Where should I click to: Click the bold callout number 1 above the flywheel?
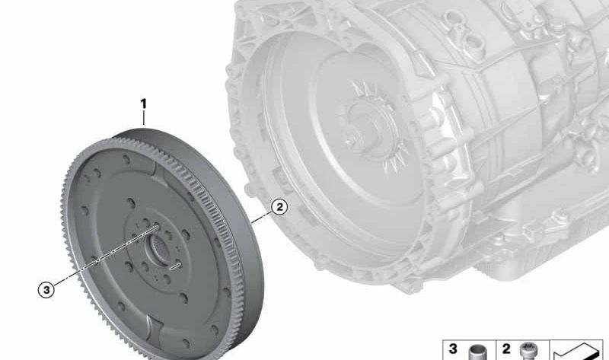pos(144,104)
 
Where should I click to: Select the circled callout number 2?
pos(279,207)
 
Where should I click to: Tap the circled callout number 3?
pos(46,290)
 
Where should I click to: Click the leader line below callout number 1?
pos(144,118)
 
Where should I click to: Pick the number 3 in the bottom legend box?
pos(453,349)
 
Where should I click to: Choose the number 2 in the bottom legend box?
pos(506,349)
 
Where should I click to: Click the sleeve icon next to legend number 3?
pos(477,352)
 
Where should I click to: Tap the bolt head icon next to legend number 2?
pos(528,351)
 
